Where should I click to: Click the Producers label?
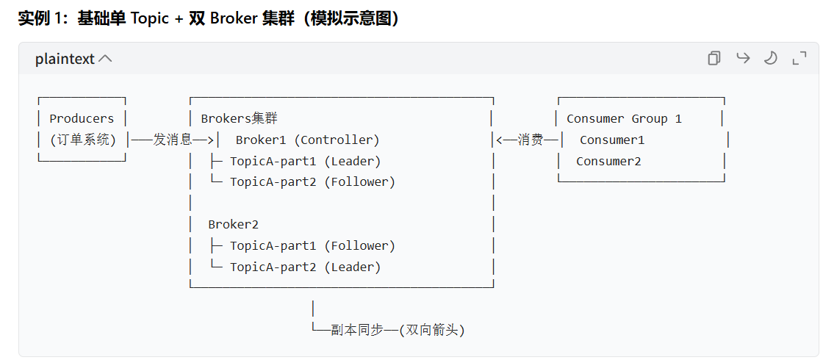tap(82, 118)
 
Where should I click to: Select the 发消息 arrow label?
tap(173, 140)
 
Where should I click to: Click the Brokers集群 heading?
tap(239, 118)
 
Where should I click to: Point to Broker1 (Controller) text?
tap(307, 140)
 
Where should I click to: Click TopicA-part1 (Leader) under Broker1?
tap(305, 161)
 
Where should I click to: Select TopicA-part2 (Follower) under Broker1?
tap(312, 181)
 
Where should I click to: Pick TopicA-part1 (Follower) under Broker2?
tap(312, 245)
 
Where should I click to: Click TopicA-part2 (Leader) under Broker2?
tap(305, 267)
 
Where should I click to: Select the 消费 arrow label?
tap(531, 140)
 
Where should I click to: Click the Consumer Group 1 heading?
tap(624, 118)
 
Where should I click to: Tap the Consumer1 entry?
tap(612, 140)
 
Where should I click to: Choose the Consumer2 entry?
tap(608, 161)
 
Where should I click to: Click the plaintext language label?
tap(65, 59)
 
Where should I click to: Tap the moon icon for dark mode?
tap(771, 58)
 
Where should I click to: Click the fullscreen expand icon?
tap(799, 58)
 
